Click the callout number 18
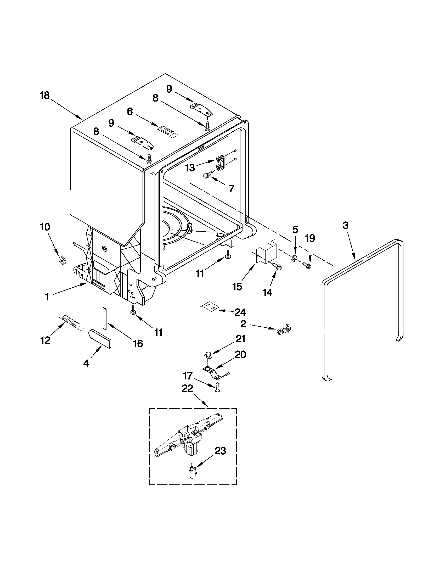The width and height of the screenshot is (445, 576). (44, 95)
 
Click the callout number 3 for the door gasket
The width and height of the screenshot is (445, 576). (345, 226)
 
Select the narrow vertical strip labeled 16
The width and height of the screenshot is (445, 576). (104, 318)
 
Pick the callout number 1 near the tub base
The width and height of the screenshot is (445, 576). (47, 297)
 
